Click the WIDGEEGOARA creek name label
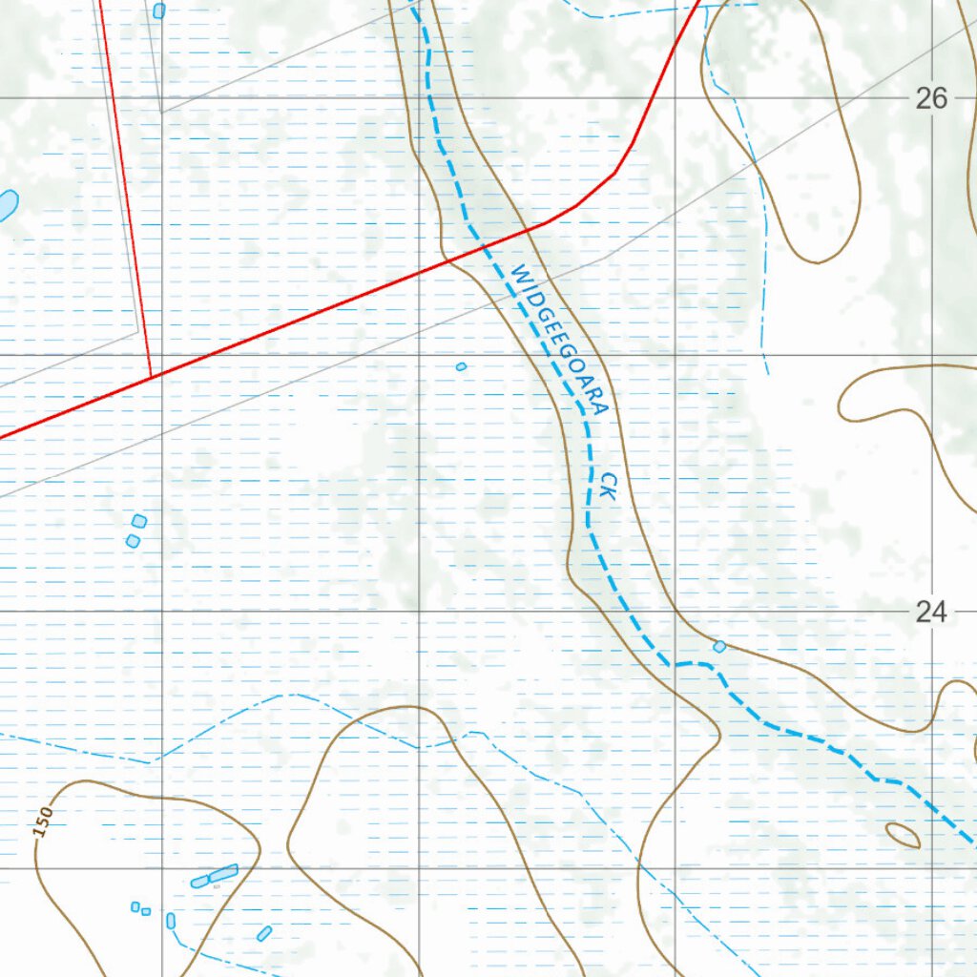[559, 340]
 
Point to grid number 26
[931, 98]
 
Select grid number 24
[931, 612]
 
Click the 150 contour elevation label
[43, 822]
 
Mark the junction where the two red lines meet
[152, 377]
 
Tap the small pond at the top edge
[159, 10]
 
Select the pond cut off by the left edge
[6, 204]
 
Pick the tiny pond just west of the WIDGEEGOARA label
[461, 366]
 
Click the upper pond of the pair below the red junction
[139, 521]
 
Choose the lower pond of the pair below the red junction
[133, 541]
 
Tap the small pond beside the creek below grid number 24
[719, 646]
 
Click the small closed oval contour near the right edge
[903, 835]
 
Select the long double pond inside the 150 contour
[215, 876]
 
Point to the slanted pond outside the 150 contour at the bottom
[264, 933]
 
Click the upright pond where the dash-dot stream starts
[171, 921]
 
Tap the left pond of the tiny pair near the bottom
[135, 906]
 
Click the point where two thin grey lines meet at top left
[160, 113]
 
